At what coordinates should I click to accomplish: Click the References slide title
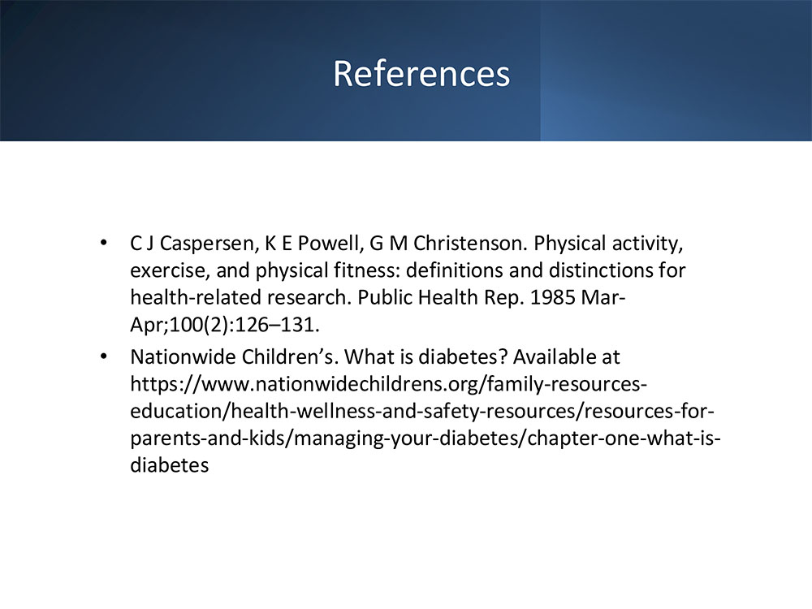[x=421, y=74]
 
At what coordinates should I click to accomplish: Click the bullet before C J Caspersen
[x=104, y=242]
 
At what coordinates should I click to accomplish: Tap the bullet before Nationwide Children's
[x=104, y=356]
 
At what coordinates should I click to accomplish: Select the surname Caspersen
[x=209, y=244]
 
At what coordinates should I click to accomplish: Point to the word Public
[x=385, y=298]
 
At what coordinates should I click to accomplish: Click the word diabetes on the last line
[x=170, y=465]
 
